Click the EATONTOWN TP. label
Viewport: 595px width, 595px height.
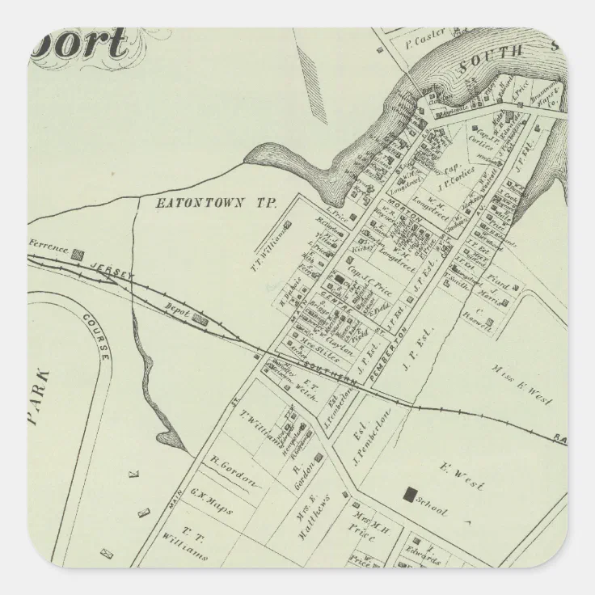pos(217,204)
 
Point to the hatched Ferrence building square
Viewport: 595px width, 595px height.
pos(79,253)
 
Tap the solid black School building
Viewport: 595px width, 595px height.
pos(411,493)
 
